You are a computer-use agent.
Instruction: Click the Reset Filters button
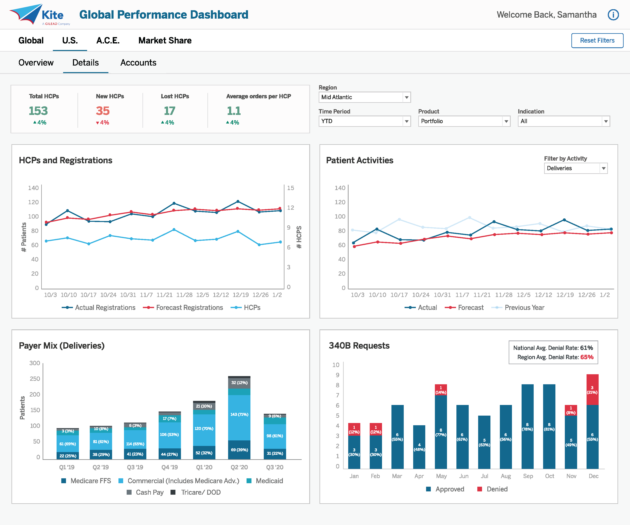click(597, 41)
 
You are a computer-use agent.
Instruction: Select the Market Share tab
click(165, 41)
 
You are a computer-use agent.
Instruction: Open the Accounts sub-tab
click(138, 63)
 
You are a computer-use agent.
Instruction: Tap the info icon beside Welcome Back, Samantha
click(613, 15)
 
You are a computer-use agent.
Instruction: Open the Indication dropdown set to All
click(563, 121)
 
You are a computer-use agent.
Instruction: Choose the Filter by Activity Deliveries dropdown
click(575, 168)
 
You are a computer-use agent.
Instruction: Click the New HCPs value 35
click(103, 111)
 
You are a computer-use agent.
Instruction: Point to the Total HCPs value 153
click(38, 111)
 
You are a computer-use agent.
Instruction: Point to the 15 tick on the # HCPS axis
click(290, 188)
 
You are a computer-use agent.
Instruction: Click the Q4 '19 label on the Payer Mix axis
click(169, 467)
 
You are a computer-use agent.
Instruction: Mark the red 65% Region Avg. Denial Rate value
click(587, 357)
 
